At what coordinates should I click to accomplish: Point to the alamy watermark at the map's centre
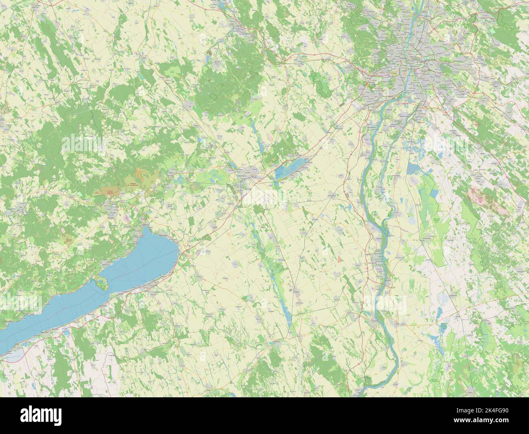tap(264, 196)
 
